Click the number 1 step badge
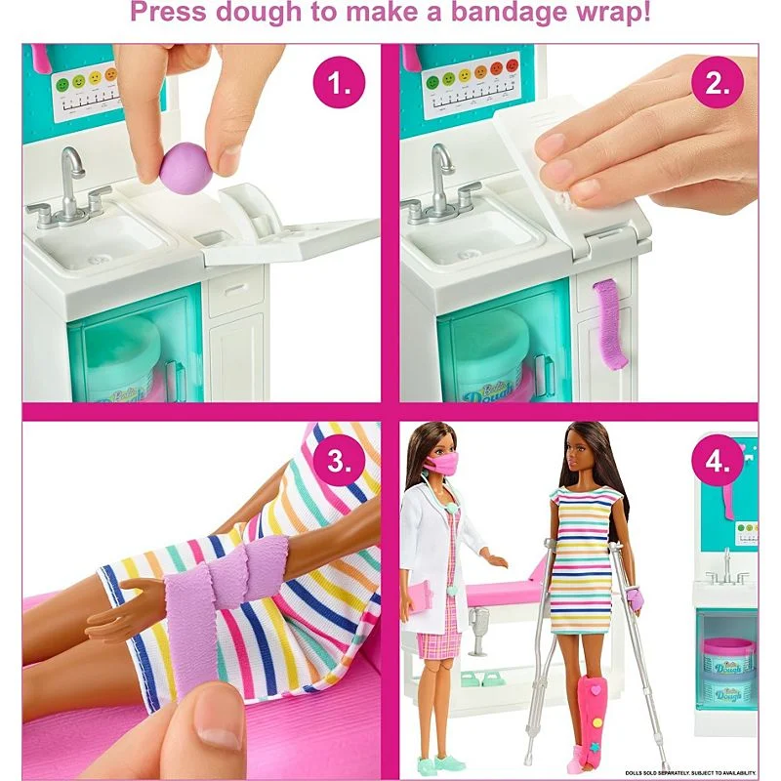(x=339, y=84)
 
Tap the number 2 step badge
(x=718, y=84)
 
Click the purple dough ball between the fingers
(x=186, y=160)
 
